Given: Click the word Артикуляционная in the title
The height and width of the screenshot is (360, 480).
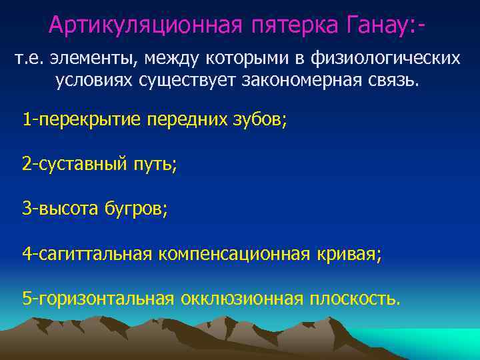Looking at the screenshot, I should [140, 25].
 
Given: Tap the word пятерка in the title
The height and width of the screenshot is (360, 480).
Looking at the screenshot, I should [285, 25].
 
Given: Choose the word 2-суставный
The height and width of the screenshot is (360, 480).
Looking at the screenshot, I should [71, 165].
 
